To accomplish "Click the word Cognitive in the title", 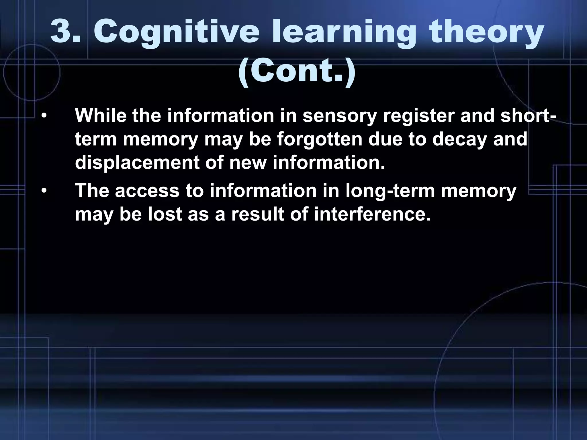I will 176,34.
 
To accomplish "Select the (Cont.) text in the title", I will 297,72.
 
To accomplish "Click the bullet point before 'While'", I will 44,116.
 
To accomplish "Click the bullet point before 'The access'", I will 44,191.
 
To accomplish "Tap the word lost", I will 165,214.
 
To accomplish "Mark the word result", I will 258,214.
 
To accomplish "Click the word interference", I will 372,214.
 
